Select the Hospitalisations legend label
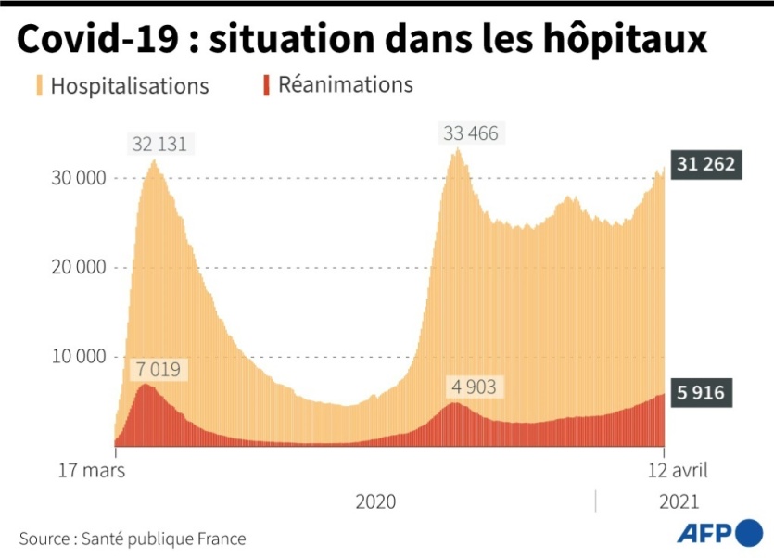point(130,86)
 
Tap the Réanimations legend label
point(346,85)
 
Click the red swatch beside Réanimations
point(266,85)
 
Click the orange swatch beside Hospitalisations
point(39,86)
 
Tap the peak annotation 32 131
point(159,144)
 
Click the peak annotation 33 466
point(470,133)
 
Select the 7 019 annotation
point(160,370)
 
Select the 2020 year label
point(375,501)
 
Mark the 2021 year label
point(679,501)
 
